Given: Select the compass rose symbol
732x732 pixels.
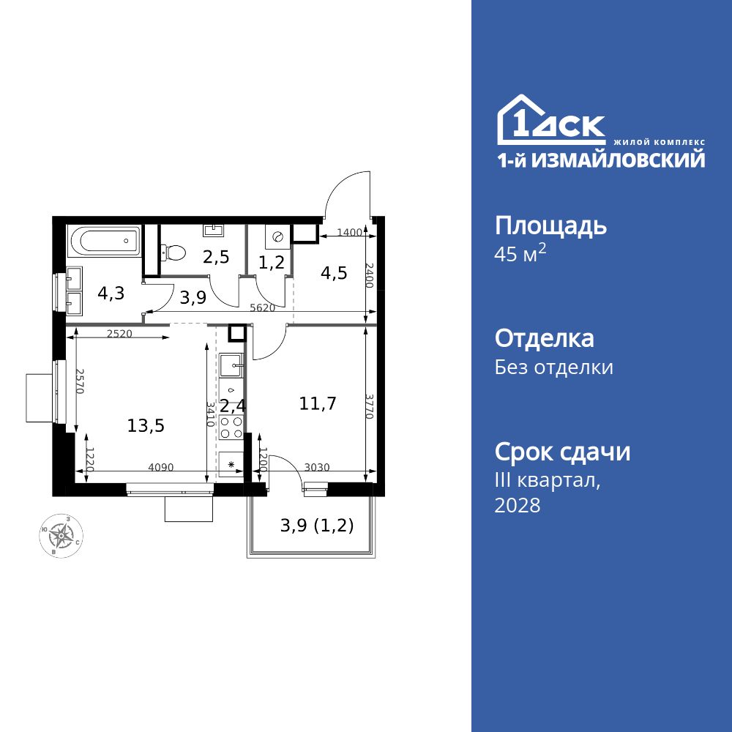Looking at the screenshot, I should pyautogui.click(x=61, y=536).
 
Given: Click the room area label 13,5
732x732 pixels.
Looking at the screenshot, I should pyautogui.click(x=146, y=426).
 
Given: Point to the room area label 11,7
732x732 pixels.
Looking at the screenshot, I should pyautogui.click(x=318, y=403).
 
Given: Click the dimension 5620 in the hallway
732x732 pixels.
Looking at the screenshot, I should pyautogui.click(x=262, y=308).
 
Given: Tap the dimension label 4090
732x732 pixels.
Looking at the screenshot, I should pyautogui.click(x=161, y=467).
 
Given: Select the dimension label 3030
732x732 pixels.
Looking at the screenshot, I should pyautogui.click(x=317, y=467).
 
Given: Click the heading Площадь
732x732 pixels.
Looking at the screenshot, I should pyautogui.click(x=550, y=226).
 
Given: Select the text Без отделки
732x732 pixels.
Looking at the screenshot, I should pyautogui.click(x=553, y=367).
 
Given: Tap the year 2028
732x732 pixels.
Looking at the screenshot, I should pyautogui.click(x=518, y=505).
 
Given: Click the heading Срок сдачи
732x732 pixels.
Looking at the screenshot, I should pyautogui.click(x=562, y=452).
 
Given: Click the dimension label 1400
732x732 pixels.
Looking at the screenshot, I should pyautogui.click(x=349, y=233).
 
